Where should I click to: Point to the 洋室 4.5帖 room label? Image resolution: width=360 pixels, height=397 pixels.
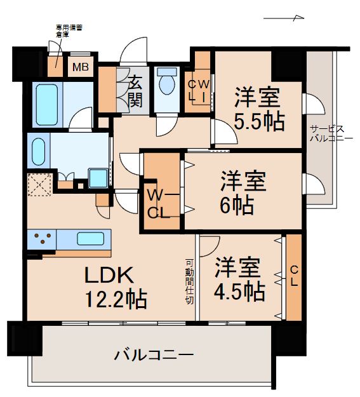239,278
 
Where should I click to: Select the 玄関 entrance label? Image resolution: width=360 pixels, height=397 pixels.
136,90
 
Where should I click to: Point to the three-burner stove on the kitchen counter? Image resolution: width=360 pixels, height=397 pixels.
43,240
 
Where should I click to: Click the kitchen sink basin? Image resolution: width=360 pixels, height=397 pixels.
91,239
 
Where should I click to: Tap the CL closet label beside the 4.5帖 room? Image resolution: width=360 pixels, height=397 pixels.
293,278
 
